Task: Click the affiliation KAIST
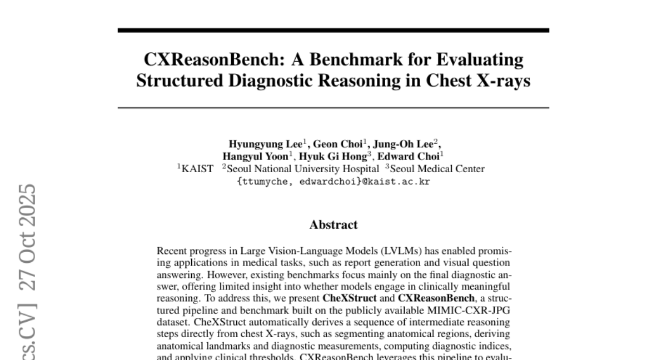pos(197,169)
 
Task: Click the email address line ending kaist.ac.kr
pos(333,181)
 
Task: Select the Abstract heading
pos(333,225)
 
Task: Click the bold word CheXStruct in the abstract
pos(346,297)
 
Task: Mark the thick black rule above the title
pos(333,30)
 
